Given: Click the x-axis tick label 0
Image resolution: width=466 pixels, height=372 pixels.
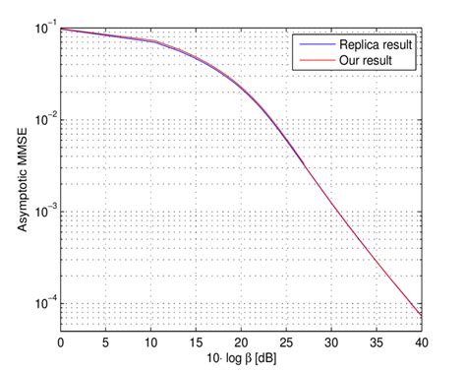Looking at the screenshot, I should (61, 341).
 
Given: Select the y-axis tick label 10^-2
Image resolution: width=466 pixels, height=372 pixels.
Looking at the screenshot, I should (43, 119).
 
